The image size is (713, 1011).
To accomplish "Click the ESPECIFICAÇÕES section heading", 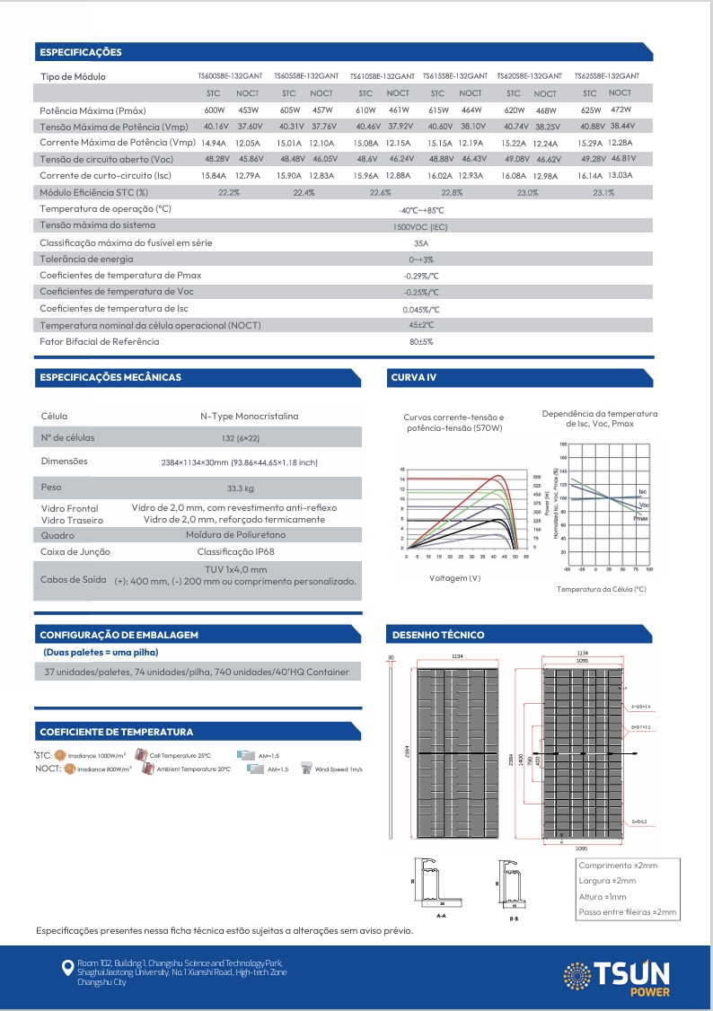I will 81,52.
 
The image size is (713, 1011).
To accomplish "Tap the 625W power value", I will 589,110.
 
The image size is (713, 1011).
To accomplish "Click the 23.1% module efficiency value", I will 603,192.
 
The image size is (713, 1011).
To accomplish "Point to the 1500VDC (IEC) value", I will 420,226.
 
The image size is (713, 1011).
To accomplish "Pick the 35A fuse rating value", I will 420,242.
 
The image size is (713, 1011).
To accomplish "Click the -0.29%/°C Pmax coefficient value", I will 421,276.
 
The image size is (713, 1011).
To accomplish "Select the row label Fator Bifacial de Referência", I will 100,341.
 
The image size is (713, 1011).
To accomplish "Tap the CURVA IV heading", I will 414,377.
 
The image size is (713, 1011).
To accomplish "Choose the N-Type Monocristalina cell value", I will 249,416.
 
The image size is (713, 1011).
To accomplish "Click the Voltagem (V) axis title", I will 455,577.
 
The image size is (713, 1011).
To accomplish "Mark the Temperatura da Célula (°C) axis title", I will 601,589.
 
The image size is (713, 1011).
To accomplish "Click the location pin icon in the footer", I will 66,967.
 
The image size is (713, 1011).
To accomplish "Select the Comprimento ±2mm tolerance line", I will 618,865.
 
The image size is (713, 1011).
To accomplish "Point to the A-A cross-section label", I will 441,918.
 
